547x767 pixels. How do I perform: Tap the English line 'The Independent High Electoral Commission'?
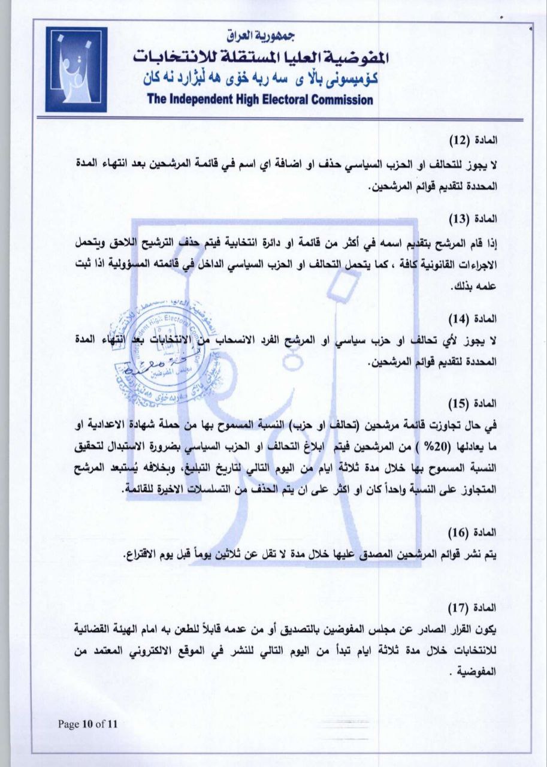click(x=260, y=99)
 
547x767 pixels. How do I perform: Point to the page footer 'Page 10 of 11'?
click(x=88, y=724)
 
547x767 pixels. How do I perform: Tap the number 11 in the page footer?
click(x=112, y=724)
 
